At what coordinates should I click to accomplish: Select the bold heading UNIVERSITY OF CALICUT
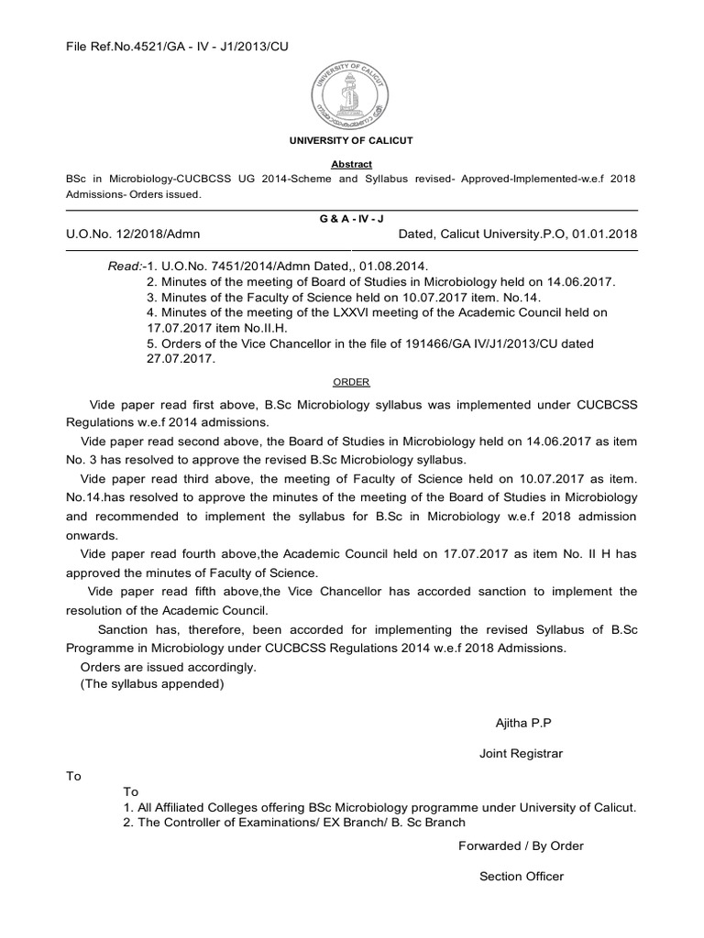click(x=351, y=140)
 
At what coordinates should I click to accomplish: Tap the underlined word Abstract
click(x=351, y=164)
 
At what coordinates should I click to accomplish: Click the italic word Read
click(x=123, y=265)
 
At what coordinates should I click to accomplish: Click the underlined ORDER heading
click(x=351, y=382)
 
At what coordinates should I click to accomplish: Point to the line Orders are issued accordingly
click(x=169, y=667)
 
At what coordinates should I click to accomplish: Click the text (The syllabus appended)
click(x=151, y=683)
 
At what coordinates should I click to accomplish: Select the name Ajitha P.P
click(x=522, y=723)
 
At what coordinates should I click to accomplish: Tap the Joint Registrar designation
click(x=521, y=754)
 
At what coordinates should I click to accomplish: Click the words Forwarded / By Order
click(x=521, y=845)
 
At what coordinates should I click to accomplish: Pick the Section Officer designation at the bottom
click(x=521, y=877)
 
